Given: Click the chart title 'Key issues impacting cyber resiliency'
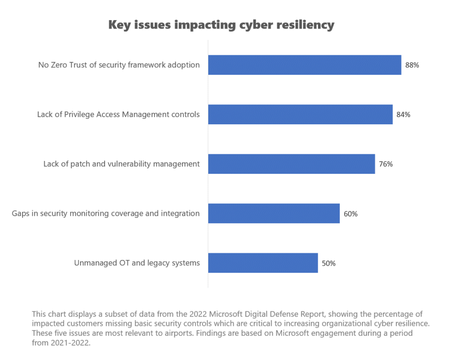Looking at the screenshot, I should [221, 25].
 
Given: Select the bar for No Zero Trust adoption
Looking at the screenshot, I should [304, 65].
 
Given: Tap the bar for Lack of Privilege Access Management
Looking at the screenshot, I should [300, 114].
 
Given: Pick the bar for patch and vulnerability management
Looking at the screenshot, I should [291, 164].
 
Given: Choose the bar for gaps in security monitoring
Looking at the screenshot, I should [274, 214].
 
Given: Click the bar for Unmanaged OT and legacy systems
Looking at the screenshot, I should [263, 263].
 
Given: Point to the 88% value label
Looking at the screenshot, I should [411, 65].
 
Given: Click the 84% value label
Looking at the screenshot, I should [403, 114].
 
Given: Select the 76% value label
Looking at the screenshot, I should [386, 164].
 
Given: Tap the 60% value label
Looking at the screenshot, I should [351, 214].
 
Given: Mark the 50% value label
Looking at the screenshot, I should [328, 263].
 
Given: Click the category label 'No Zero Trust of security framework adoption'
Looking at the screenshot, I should [119, 65].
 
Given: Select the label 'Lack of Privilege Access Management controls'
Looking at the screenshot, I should [118, 114].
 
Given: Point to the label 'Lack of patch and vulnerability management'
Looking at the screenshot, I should [121, 164].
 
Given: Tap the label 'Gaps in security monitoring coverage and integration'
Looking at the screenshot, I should [106, 214].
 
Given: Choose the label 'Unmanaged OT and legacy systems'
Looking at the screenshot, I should [137, 263].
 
